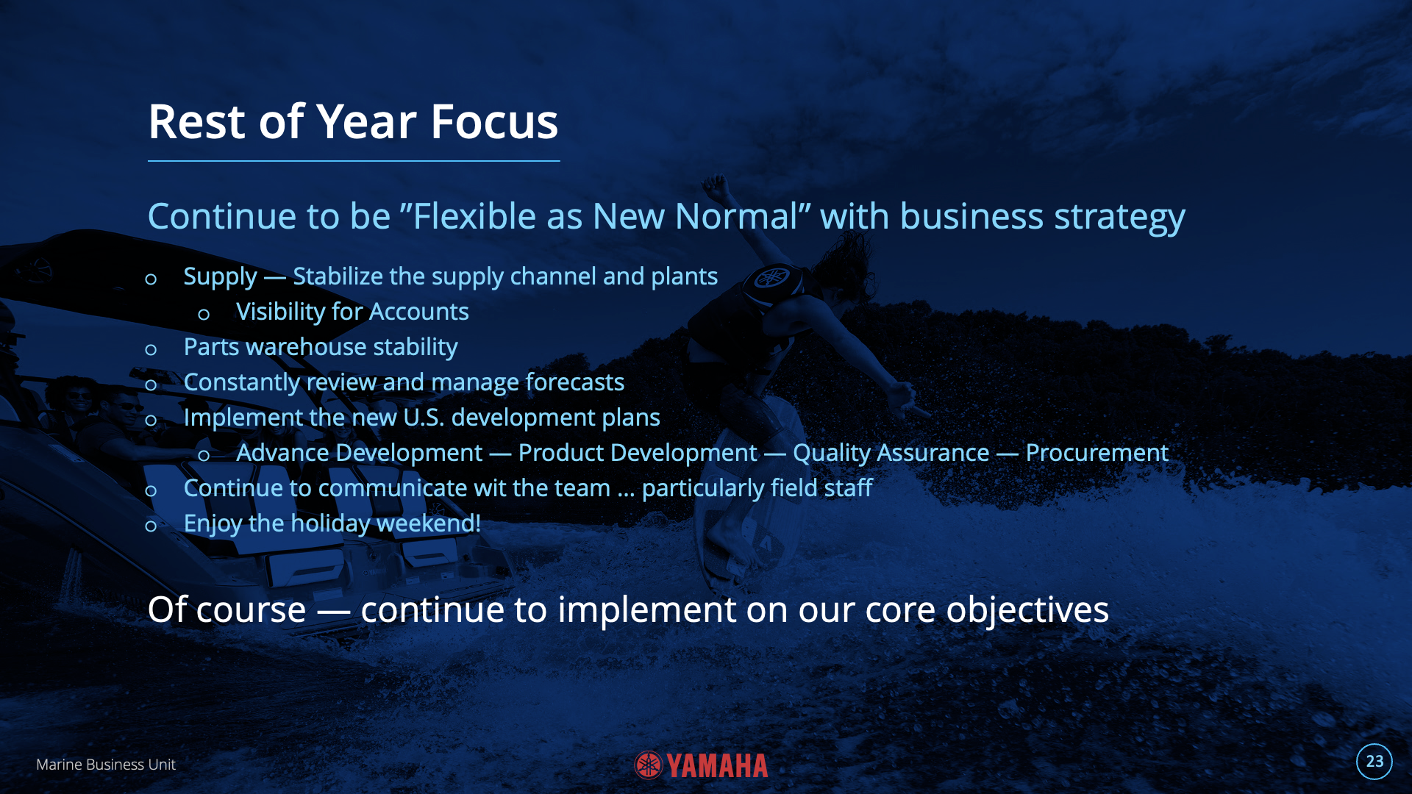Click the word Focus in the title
[x=494, y=121]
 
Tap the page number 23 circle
[x=1374, y=762]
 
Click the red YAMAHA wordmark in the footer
[x=717, y=766]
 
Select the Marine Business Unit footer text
[x=106, y=765]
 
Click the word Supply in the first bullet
[x=220, y=277]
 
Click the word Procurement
[x=1097, y=453]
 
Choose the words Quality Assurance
[x=891, y=454]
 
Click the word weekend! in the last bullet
[x=429, y=523]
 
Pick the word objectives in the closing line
[x=1027, y=611]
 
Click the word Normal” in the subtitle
[x=738, y=216]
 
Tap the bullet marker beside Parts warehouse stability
[x=151, y=350]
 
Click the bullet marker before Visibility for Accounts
[x=204, y=315]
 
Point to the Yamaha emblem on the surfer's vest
[x=772, y=278]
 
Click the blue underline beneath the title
[x=354, y=160]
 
